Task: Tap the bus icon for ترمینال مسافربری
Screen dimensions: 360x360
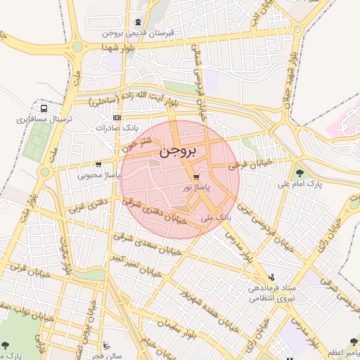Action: click(44, 109)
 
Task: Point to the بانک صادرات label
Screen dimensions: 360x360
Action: click(116, 129)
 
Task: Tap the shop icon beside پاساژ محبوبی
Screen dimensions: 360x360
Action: click(108, 164)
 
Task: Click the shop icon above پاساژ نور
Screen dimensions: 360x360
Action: click(195, 176)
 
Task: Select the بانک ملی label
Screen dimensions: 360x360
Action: click(216, 219)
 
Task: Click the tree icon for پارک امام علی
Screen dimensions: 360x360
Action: click(300, 172)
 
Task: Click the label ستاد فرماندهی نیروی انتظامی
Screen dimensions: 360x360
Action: click(270, 293)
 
